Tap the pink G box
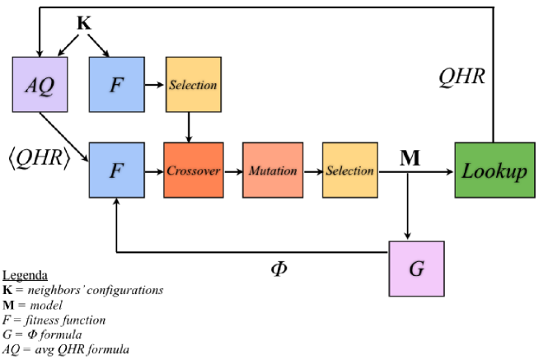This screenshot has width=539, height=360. [x=416, y=268]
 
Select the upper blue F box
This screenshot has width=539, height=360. [x=116, y=85]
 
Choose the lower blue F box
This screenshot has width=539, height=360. [x=116, y=171]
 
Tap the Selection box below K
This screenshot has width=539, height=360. [x=192, y=84]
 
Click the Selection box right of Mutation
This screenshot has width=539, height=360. [x=348, y=171]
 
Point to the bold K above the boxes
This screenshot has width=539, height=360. [x=83, y=23]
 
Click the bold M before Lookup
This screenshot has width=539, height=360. [x=410, y=157]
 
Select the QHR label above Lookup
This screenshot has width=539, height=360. [x=462, y=77]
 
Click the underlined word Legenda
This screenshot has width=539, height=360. [x=26, y=275]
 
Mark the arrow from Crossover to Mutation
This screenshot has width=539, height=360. [x=230, y=171]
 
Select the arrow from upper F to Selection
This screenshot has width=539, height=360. [x=155, y=84]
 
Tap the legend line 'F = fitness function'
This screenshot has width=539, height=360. [x=54, y=320]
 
